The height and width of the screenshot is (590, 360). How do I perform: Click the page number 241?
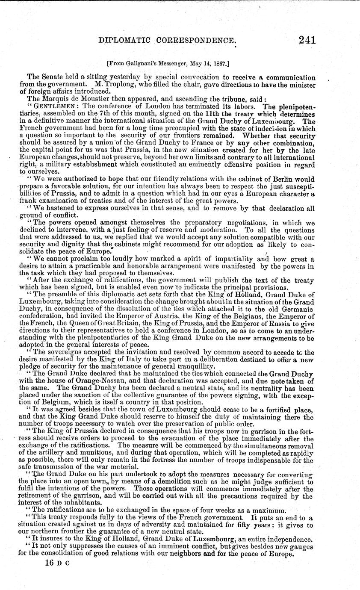[x=301, y=40]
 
